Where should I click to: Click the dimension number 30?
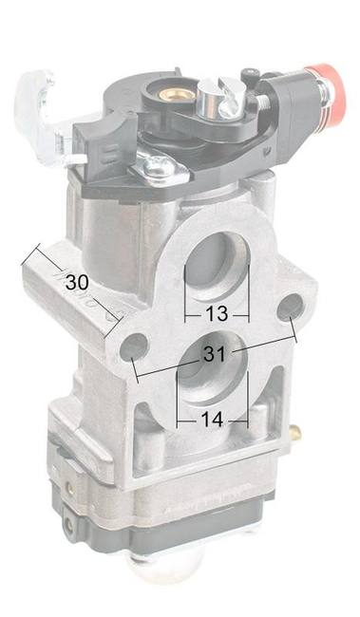click(77, 283)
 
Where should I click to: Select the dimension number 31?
click(215, 354)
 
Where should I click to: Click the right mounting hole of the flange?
click(290, 307)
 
